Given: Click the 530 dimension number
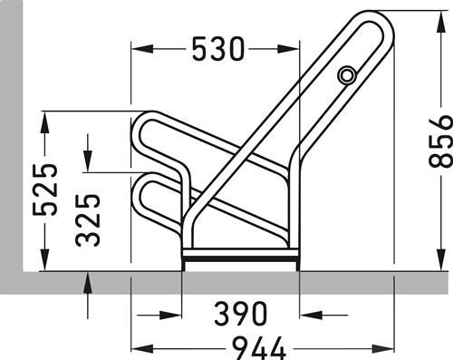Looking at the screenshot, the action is click(x=218, y=49).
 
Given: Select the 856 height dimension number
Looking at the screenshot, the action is click(x=441, y=141).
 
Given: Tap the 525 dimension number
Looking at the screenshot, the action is click(x=44, y=190).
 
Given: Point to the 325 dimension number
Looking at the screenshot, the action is click(x=88, y=219).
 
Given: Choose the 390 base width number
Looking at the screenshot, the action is click(x=241, y=313).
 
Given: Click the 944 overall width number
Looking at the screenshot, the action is click(x=260, y=348).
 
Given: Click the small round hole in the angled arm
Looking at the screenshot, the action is click(x=347, y=74).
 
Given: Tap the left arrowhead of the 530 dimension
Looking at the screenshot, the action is click(x=142, y=49).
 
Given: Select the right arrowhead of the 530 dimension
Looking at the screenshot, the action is click(x=288, y=49).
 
